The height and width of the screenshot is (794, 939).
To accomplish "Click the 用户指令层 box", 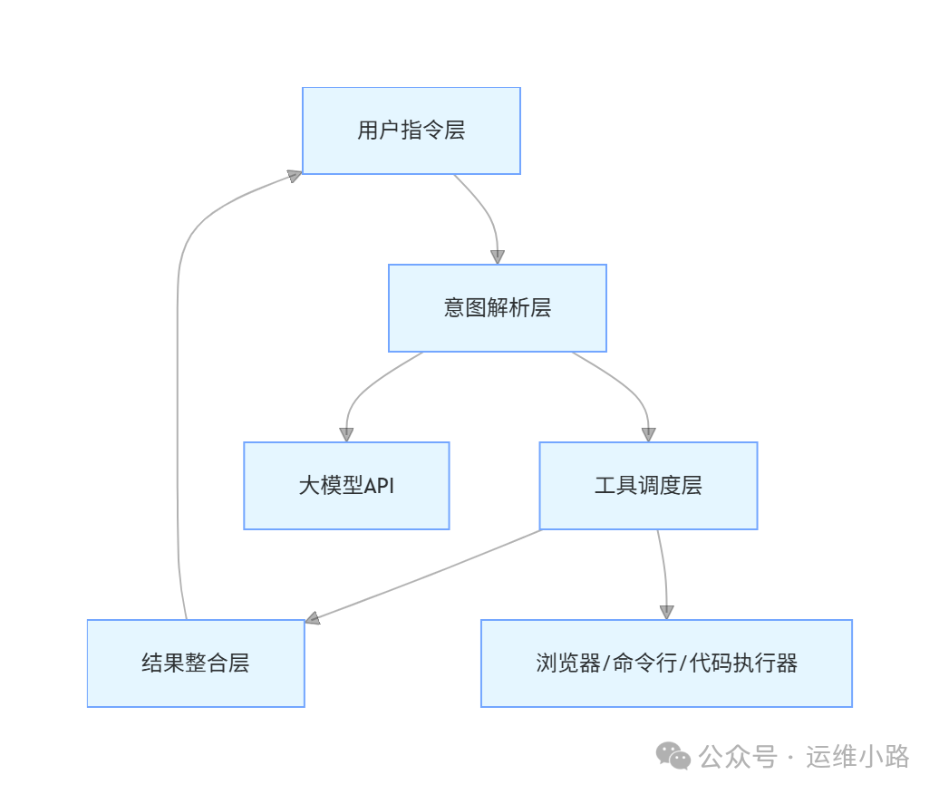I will pos(411,131).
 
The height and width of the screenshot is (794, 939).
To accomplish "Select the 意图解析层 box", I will pos(497,308).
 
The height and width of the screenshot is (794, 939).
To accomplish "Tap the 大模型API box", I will pos(346,486).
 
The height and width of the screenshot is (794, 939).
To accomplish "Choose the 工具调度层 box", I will pos(648,486).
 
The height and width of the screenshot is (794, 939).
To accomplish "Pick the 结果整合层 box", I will pos(196,663).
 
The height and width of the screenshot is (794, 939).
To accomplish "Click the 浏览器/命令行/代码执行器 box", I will pos(666,663).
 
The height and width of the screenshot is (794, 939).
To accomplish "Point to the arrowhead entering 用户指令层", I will pos(294,175).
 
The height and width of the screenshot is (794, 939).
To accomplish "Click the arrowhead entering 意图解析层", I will pos(497,257).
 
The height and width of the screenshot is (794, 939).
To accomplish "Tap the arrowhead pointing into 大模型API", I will pos(346,434).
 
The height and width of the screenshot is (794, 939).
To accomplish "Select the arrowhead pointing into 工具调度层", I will pos(648,434).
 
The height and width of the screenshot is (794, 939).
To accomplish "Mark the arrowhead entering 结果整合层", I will pos(313,618).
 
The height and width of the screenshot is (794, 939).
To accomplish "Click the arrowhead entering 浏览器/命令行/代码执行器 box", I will pos(667,612).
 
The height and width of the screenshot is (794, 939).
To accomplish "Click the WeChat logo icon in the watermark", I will pos(673,756).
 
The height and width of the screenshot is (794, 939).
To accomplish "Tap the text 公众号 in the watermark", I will pos(739,756).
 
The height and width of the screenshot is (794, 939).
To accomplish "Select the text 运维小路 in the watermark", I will pos(857,756).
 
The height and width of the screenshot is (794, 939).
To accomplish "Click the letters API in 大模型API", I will pos(379,486).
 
